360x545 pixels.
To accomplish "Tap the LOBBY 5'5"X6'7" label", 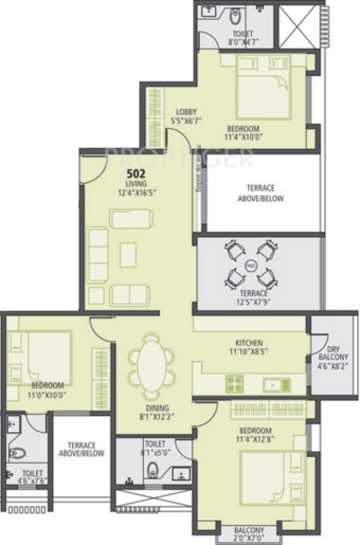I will coord(186,116).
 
